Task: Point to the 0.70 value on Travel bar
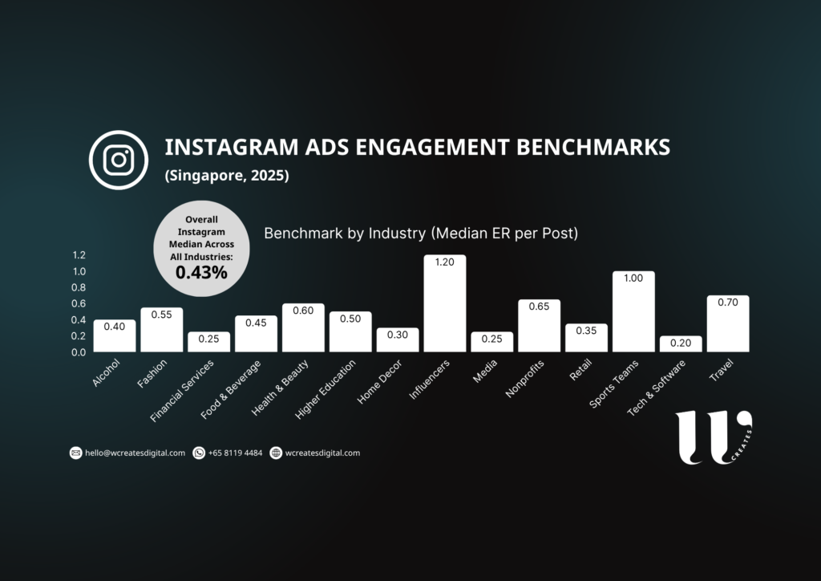tap(728, 304)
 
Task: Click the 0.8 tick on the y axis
tap(79, 287)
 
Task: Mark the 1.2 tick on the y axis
tap(79, 255)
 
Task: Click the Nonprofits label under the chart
tap(526, 378)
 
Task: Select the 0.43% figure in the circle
tap(201, 272)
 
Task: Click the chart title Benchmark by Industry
tap(421, 234)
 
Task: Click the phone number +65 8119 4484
tap(235, 453)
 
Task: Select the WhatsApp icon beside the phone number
tap(199, 453)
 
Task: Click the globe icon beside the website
tap(277, 453)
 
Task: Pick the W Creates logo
tap(712, 437)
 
